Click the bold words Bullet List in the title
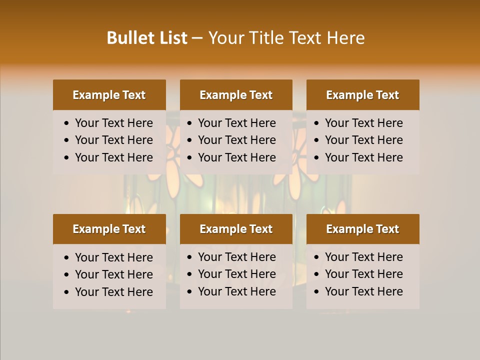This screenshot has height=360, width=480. (147, 38)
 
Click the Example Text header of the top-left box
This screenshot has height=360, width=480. (109, 95)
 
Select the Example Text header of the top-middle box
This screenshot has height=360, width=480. (236, 95)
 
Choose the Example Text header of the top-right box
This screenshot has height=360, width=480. (362, 95)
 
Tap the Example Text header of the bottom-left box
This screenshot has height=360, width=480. (109, 229)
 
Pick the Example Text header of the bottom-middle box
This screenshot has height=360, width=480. (236, 229)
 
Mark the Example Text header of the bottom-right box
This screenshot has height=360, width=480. (362, 229)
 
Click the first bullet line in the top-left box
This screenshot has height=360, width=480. (114, 123)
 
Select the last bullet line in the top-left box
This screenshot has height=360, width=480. (114, 157)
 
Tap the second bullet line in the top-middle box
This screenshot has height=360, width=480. (237, 140)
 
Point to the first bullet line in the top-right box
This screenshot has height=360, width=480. (364, 123)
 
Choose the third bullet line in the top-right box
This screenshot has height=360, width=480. (364, 157)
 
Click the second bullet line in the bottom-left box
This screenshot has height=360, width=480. (114, 274)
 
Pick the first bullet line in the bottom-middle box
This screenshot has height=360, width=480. (237, 257)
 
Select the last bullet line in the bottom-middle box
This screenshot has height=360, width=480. (237, 291)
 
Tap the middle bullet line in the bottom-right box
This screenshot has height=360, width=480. (364, 274)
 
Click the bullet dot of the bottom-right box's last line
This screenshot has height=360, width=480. (317, 292)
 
